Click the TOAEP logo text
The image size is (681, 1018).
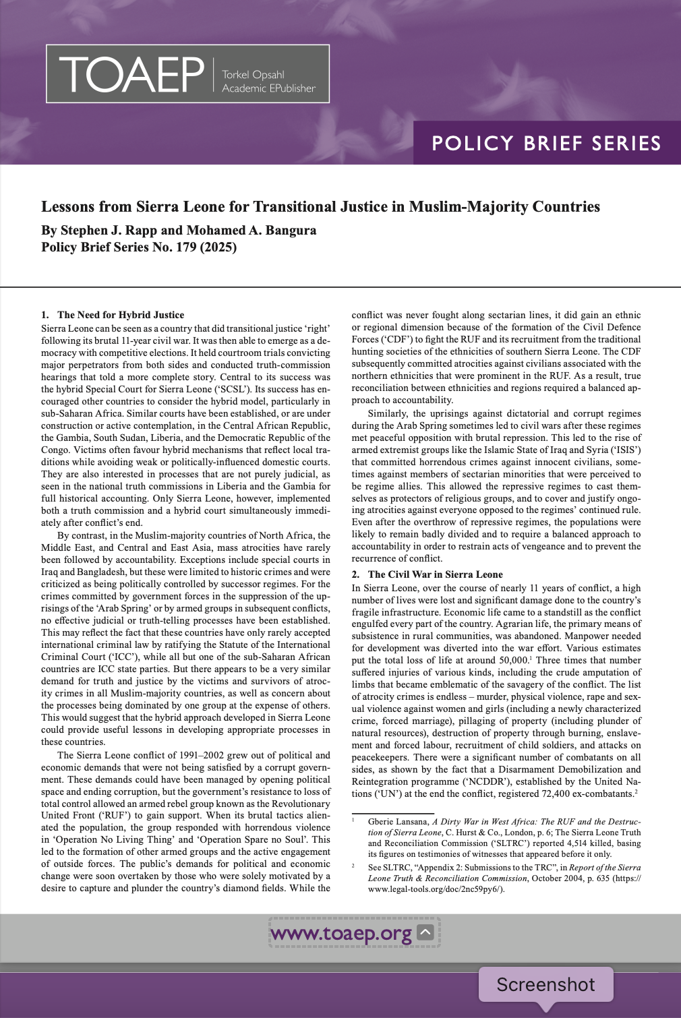click(131, 74)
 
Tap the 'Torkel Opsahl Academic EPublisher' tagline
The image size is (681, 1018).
click(268, 82)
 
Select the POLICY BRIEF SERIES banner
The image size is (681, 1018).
click(546, 144)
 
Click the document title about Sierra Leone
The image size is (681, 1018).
click(320, 206)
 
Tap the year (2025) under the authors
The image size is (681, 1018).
click(218, 247)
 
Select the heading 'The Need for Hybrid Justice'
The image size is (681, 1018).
click(121, 315)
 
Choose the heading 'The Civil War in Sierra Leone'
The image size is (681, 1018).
click(435, 574)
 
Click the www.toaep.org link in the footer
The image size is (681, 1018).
click(340, 934)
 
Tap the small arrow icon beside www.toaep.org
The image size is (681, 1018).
click(425, 932)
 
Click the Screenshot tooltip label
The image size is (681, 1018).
click(545, 985)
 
